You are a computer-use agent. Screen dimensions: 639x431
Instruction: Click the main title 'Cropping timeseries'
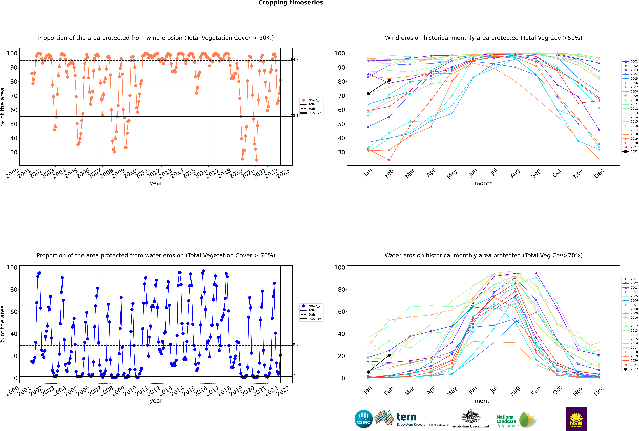click(291, 3)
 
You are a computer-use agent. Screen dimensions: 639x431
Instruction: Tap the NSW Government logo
click(576, 419)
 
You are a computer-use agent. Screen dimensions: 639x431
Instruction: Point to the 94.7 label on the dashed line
click(295, 59)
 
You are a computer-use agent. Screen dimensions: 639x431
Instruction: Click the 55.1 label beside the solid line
click(295, 115)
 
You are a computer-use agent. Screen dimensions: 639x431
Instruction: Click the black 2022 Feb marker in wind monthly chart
click(389, 80)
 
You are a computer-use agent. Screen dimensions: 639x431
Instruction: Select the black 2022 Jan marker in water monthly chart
click(368, 372)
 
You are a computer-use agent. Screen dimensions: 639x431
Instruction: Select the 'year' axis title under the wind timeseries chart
click(156, 183)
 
